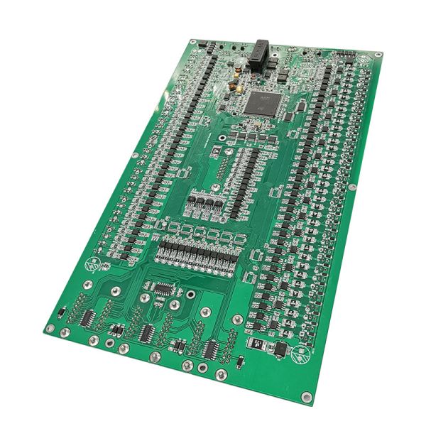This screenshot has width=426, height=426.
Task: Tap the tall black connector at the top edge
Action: tap(260, 53)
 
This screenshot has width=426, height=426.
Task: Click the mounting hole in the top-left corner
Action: tap(192, 40)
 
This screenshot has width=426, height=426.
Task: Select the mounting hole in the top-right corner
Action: tap(378, 55)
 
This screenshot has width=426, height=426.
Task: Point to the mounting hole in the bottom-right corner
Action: tap(306, 397)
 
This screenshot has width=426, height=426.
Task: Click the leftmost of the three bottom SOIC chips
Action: tap(89, 317)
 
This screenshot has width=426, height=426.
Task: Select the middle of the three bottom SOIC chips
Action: tap(148, 332)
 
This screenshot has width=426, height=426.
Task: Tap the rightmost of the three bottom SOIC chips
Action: tap(211, 349)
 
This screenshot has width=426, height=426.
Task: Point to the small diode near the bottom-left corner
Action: tap(62, 313)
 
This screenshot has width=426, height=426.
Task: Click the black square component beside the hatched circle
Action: tap(280, 349)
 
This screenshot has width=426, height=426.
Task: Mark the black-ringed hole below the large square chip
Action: tap(223, 138)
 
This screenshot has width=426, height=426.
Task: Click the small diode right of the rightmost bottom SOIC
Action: tap(240, 362)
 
